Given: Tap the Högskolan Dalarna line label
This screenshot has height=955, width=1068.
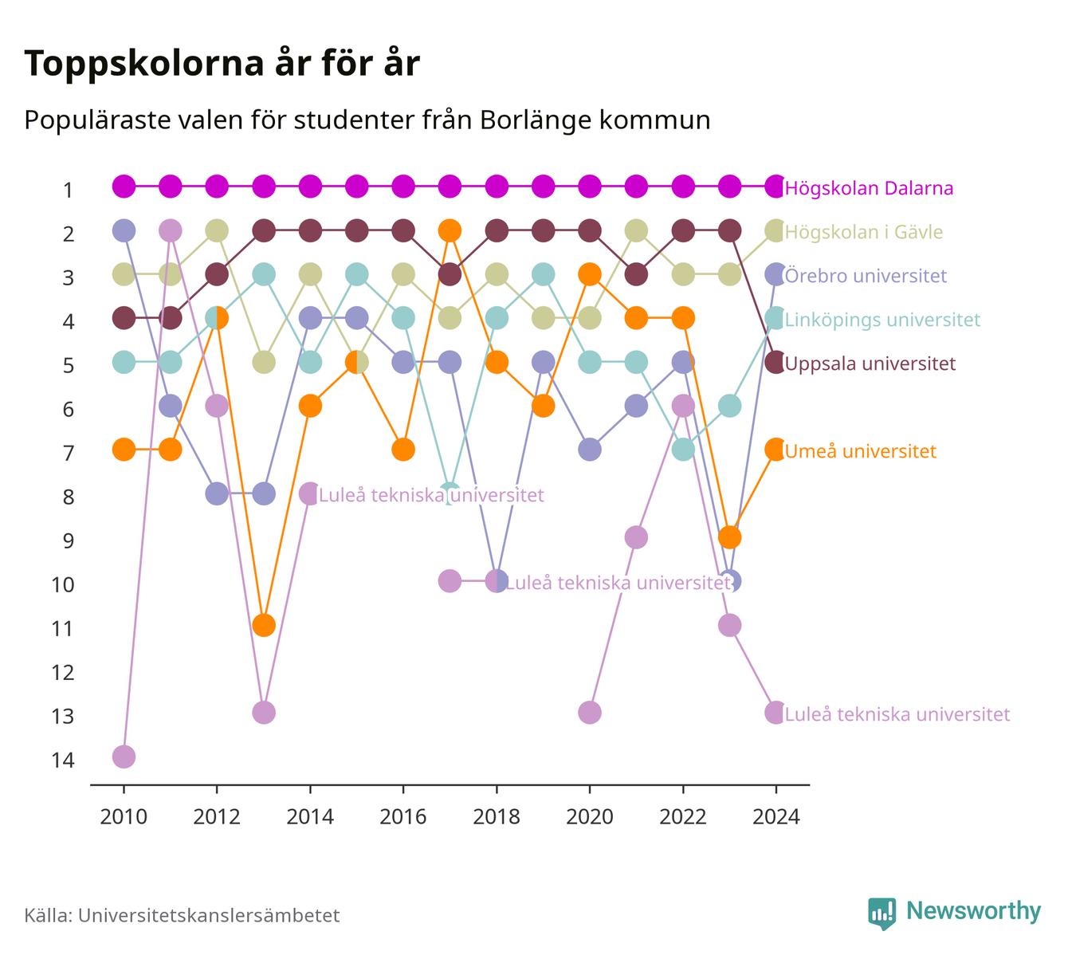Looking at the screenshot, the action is pos(869,188).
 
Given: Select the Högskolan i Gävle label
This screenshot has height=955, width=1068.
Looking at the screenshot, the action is pos(863,232).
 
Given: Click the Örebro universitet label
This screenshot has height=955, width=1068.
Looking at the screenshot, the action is pos(866,275).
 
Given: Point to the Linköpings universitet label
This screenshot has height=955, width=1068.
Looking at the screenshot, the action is pos(882,320).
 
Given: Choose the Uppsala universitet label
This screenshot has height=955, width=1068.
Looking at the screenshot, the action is pos(870,364).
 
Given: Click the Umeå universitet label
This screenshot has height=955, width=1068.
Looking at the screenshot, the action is pos(860,451).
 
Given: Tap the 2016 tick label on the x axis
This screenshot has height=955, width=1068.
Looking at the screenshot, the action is pos(403,817).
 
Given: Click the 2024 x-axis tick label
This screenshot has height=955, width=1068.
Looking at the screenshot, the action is pos(776,817).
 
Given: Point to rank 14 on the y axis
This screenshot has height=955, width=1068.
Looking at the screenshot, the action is pos(63,760).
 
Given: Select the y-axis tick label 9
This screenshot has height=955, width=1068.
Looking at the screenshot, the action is pos(69,541).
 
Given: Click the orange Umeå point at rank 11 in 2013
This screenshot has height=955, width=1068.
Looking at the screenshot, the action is pos(264,626).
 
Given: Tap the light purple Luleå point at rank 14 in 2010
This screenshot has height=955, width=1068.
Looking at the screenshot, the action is pos(124,757).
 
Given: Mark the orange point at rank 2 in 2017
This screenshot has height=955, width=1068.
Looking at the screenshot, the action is pos(450,230).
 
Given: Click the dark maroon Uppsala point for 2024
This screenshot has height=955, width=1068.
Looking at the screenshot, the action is pos(775,362).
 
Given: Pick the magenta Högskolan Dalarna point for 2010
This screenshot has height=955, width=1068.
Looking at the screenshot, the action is pos(124,187).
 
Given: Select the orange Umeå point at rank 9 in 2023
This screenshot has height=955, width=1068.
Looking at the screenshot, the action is pos(729,537).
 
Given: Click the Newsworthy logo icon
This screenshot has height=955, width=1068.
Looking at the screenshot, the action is pos(882,914).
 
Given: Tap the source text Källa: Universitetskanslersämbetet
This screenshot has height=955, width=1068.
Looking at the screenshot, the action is pos(182,915).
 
